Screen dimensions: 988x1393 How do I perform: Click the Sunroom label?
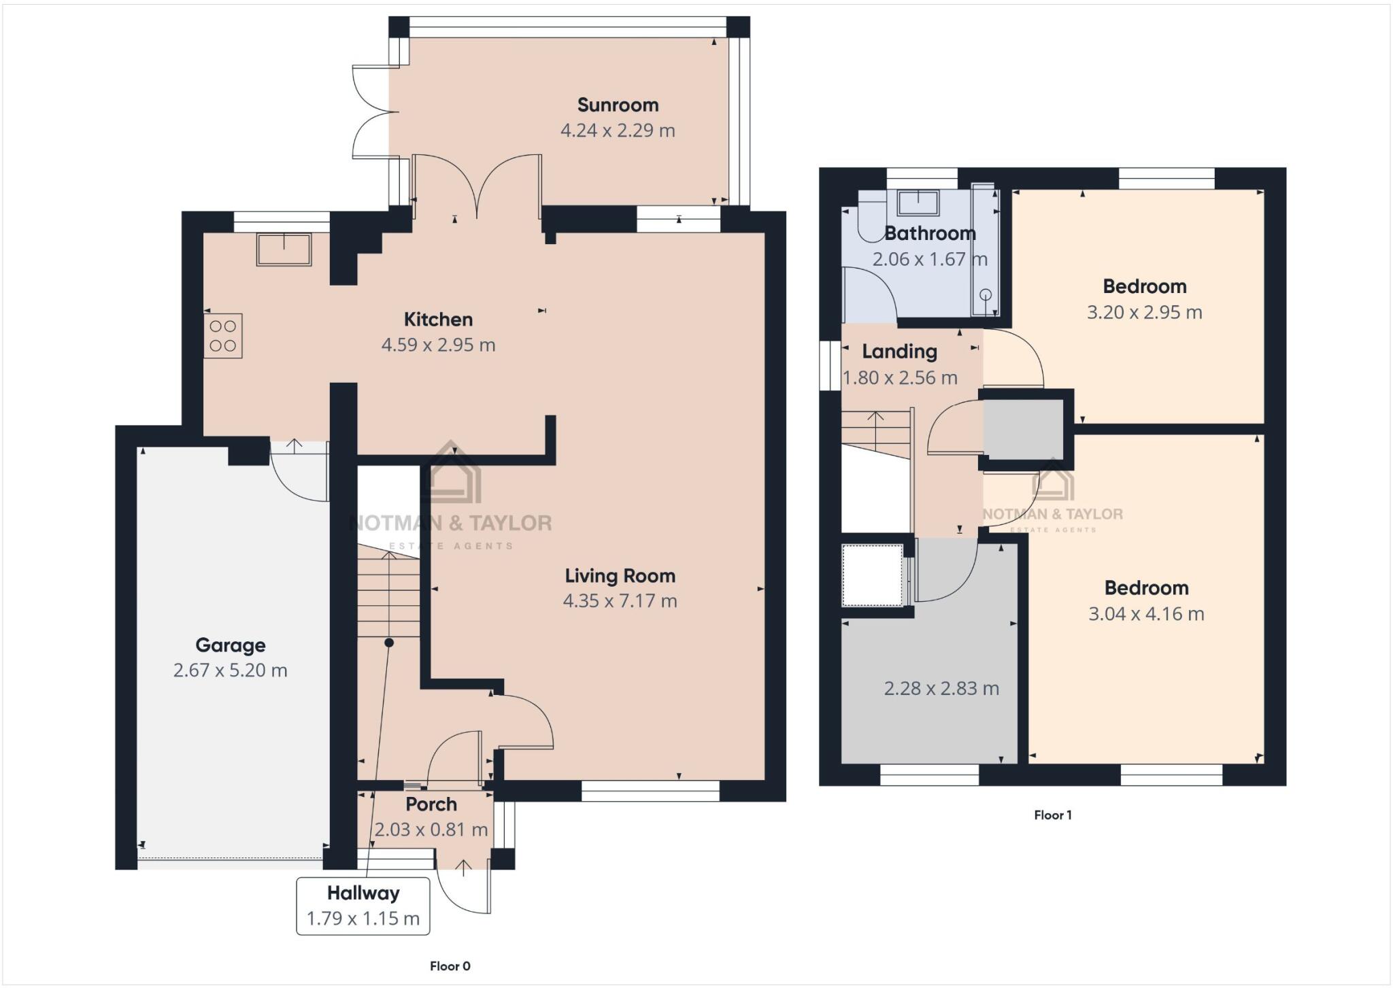click(618, 105)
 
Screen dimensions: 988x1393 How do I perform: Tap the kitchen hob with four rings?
click(223, 336)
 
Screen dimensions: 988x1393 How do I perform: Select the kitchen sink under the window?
click(284, 250)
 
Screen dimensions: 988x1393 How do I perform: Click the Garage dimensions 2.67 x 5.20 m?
click(230, 670)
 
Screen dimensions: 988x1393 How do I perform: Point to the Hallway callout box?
click(363, 906)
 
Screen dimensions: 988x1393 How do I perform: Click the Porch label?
click(431, 804)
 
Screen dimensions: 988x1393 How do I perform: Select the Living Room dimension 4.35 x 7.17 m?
click(620, 601)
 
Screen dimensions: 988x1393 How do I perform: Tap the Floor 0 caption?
click(450, 966)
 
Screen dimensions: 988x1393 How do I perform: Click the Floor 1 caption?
click(1053, 815)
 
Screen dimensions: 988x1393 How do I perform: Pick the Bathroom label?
click(930, 233)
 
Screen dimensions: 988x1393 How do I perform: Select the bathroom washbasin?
click(918, 203)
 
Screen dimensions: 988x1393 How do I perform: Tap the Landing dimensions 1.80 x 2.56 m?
click(900, 378)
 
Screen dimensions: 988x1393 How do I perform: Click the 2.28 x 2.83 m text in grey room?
click(941, 689)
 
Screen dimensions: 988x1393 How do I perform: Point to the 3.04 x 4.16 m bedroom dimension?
click(1146, 614)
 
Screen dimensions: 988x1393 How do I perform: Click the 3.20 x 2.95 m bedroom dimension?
click(1144, 313)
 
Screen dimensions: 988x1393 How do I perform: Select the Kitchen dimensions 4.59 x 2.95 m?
click(438, 345)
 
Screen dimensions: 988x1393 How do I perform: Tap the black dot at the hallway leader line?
click(389, 643)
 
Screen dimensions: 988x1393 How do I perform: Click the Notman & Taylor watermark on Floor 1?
click(1052, 515)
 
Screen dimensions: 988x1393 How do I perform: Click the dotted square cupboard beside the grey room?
click(872, 575)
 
